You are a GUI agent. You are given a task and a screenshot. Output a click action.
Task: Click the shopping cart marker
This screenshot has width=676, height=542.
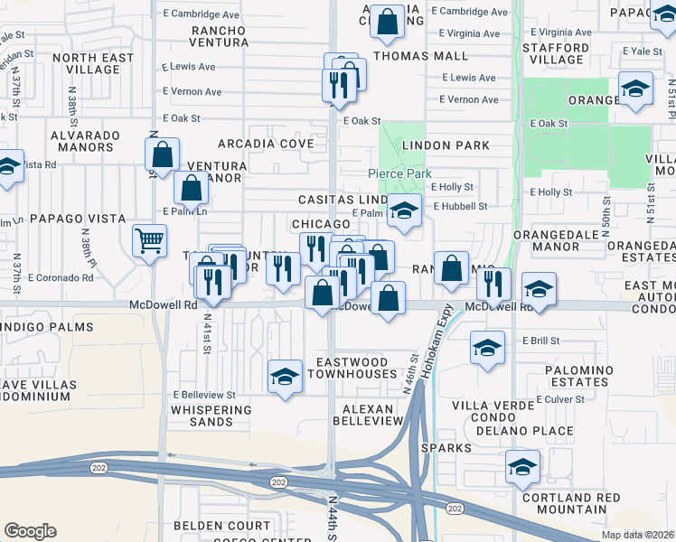point(150,241)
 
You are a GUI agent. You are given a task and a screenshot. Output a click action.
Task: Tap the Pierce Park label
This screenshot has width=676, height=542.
point(399,173)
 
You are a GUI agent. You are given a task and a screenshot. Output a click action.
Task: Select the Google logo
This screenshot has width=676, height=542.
point(30,531)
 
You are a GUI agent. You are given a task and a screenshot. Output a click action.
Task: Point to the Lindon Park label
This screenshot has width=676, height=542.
point(446,145)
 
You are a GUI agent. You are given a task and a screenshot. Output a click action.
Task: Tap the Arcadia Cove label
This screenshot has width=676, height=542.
point(265,143)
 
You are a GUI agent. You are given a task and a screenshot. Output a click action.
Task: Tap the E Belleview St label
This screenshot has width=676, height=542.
point(204,395)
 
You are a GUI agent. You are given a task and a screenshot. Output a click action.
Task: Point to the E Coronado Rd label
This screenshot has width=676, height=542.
point(61,277)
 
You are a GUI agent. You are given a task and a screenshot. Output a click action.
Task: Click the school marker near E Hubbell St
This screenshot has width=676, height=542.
point(404,212)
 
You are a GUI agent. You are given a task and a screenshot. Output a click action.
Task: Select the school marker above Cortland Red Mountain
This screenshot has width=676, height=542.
point(522,468)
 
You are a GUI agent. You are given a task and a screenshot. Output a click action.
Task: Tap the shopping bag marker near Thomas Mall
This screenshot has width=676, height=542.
point(387,24)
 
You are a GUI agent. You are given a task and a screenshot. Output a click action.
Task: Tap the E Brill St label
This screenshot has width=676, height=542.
point(541,341)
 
